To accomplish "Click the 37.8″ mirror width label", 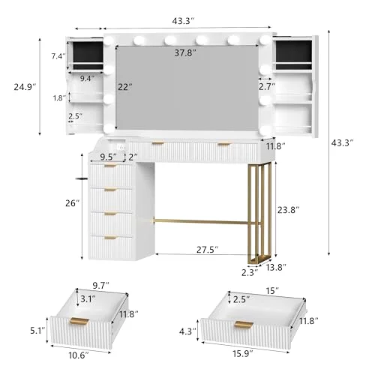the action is [185, 53].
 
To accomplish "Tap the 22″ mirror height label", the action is [125, 87].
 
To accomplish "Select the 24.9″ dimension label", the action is [25, 87].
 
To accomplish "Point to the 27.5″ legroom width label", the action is [207, 250].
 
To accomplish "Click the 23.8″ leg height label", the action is [288, 210].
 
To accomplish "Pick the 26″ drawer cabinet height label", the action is [73, 203].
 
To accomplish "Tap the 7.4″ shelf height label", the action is [58, 56].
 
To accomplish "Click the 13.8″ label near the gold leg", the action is [276, 268].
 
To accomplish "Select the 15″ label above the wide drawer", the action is [272, 291].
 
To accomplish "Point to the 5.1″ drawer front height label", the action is [37, 331].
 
